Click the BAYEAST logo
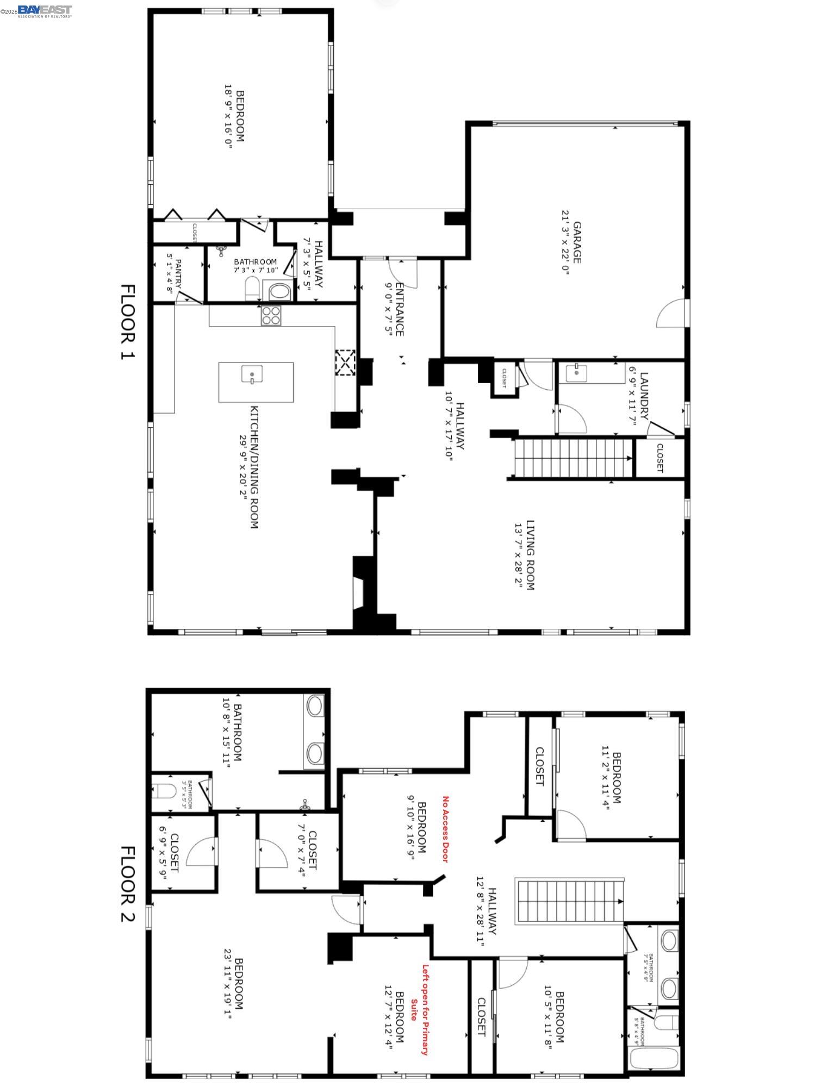coord(45,10)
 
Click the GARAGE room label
coord(577,242)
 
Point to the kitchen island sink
coord(252,374)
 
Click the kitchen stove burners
coord(271,316)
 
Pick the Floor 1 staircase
coord(574,458)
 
